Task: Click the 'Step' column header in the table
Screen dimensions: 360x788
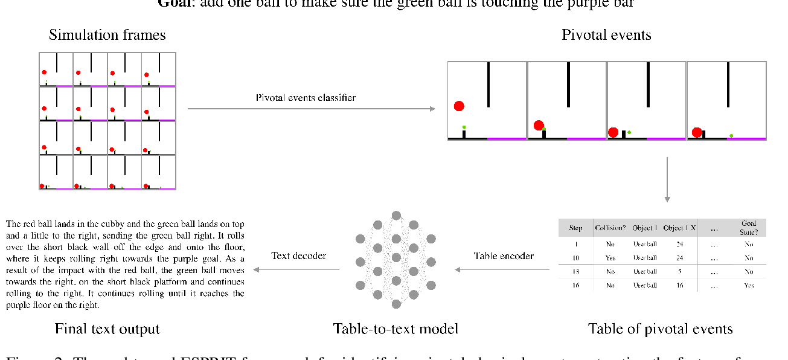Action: pyautogui.click(x=575, y=228)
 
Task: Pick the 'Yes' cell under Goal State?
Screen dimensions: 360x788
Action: pyautogui.click(x=749, y=285)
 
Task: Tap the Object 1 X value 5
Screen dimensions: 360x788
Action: pyautogui.click(x=679, y=271)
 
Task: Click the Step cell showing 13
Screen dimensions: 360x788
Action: pyautogui.click(x=575, y=271)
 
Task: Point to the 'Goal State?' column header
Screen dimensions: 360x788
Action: pyautogui.click(x=749, y=228)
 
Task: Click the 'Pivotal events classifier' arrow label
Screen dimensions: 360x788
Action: pyautogui.click(x=306, y=97)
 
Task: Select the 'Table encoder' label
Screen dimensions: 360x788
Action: pyautogui.click(x=504, y=256)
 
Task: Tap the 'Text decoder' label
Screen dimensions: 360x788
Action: pyautogui.click(x=299, y=256)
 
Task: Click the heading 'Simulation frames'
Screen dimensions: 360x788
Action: pyautogui.click(x=107, y=35)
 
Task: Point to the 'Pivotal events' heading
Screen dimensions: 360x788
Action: pyautogui.click(x=606, y=35)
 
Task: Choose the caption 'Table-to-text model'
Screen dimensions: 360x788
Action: pyautogui.click(x=396, y=329)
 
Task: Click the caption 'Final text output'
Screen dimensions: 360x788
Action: pyautogui.click(x=107, y=329)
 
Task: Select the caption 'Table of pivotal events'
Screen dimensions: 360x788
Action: pyautogui.click(x=660, y=329)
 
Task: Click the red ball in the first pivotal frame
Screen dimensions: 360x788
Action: pyautogui.click(x=459, y=106)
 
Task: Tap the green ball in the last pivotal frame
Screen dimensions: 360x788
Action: pyautogui.click(x=731, y=135)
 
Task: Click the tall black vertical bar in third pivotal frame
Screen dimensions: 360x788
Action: pyautogui.click(x=648, y=84)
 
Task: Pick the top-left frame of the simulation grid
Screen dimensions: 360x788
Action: pyautogui.click(x=56, y=70)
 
